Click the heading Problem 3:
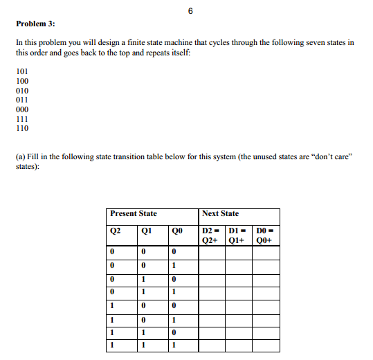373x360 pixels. point(35,24)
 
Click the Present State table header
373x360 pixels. point(134,214)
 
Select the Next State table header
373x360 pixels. point(221,214)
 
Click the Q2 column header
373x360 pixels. point(116,231)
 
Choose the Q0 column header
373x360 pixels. point(178,231)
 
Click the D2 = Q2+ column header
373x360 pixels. point(212,236)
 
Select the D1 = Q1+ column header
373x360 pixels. point(239,236)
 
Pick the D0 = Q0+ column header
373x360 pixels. point(266,236)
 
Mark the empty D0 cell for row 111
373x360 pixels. point(266,344)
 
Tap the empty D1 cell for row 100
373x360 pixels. point(239,305)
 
